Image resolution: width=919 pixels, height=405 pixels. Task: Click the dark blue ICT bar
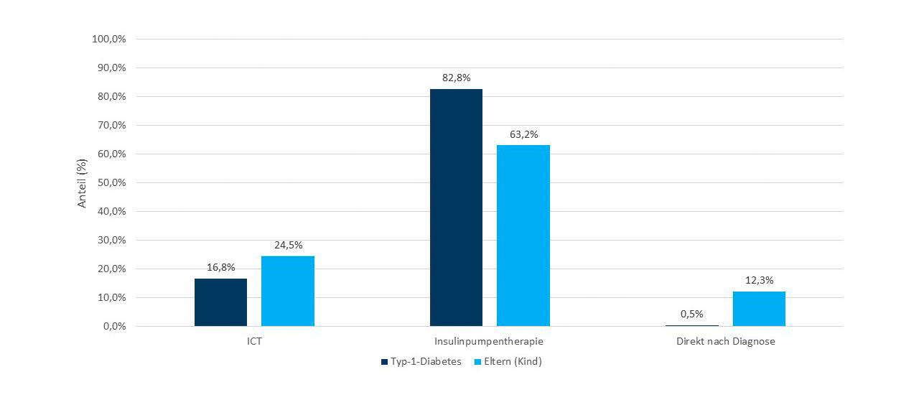pyautogui.click(x=220, y=302)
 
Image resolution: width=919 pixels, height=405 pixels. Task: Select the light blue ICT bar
pyautogui.click(x=287, y=291)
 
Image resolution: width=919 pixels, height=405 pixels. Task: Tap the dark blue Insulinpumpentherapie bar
pyautogui.click(x=456, y=208)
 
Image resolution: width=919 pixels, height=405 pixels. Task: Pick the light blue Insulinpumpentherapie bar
pyautogui.click(x=523, y=236)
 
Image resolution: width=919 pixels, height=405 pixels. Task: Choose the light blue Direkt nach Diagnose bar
pyautogui.click(x=759, y=309)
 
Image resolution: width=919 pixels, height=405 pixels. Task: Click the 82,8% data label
pyautogui.click(x=456, y=78)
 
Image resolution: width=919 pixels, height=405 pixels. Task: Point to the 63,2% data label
pyautogui.click(x=523, y=134)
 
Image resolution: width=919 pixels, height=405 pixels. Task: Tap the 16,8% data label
pyautogui.click(x=220, y=267)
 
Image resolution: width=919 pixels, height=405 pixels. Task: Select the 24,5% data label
pyautogui.click(x=287, y=245)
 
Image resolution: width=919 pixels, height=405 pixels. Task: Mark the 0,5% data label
pyautogui.click(x=692, y=314)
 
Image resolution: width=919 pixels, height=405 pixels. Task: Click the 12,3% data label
pyautogui.click(x=759, y=280)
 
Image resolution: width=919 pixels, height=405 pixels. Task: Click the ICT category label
pyautogui.click(x=254, y=342)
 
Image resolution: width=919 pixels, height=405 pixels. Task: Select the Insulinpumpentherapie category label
pyautogui.click(x=490, y=342)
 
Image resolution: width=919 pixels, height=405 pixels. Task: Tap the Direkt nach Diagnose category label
pyautogui.click(x=725, y=342)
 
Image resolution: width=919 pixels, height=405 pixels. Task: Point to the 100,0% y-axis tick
pyautogui.click(x=109, y=39)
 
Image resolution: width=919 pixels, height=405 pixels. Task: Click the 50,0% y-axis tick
pyautogui.click(x=111, y=183)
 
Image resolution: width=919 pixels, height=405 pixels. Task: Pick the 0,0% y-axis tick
pyautogui.click(x=113, y=327)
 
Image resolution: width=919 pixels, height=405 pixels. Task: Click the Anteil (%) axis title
pyautogui.click(x=82, y=183)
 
